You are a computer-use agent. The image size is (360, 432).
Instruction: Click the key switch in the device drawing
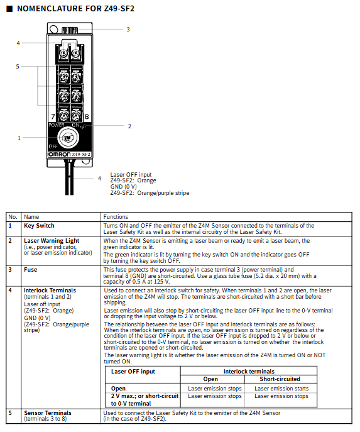point(68,137)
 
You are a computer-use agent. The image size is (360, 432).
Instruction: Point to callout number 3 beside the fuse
point(128,29)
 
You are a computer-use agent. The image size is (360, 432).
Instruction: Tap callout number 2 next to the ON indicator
point(129,126)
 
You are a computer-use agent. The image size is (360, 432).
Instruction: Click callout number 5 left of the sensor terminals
point(18,67)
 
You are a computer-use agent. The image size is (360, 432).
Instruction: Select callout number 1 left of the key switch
point(19,138)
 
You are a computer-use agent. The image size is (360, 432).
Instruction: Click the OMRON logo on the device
point(60,154)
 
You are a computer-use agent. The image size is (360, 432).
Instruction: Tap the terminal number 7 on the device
point(53,116)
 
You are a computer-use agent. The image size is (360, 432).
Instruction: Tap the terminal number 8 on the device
point(87,116)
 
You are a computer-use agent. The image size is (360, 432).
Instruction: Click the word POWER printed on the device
point(57,125)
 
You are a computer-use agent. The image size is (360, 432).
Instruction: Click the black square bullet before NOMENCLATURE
point(9,9)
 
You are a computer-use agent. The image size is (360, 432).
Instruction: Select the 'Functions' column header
point(116,217)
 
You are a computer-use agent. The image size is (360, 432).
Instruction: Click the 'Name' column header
point(31,217)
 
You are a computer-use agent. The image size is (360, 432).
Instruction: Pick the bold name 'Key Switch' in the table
point(39,226)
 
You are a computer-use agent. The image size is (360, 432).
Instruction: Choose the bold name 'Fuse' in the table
point(31,270)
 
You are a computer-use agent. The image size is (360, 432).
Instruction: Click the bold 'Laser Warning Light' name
point(52,241)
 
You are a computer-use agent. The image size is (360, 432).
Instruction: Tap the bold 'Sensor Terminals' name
point(48,413)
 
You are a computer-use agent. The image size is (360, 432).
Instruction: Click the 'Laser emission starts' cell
point(281,389)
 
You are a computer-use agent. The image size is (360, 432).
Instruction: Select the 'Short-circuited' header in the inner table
point(280,379)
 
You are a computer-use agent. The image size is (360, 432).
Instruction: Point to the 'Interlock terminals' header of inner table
point(249,372)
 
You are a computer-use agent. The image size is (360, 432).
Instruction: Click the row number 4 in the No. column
point(10,291)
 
